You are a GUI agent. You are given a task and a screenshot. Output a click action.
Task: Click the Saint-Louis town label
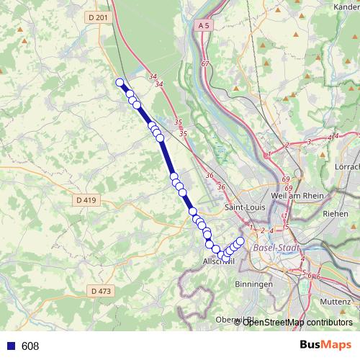coord(245,207)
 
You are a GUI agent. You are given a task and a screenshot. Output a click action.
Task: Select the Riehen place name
coord(335,214)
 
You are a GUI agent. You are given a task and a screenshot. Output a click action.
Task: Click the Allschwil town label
coord(220,261)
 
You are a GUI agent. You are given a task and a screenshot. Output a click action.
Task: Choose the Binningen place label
coord(253,284)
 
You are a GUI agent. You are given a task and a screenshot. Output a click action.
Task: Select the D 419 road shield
coord(85,199)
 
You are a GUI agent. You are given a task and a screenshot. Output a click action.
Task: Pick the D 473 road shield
coord(101,291)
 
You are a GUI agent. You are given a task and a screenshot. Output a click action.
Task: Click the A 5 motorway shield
coord(204,25)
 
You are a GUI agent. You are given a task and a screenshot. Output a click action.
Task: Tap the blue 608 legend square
coord(9,346)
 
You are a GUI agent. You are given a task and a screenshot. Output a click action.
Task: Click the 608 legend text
coord(30,346)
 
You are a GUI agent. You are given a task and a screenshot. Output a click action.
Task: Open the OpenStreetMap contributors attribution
coord(297,322)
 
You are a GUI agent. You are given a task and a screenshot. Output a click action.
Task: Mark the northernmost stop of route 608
coord(120,82)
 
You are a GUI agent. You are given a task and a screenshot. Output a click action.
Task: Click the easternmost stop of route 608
coord(240,241)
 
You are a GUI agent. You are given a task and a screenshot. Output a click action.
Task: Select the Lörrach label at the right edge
coord(348,157)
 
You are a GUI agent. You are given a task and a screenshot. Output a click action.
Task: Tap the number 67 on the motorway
coord(205,65)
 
